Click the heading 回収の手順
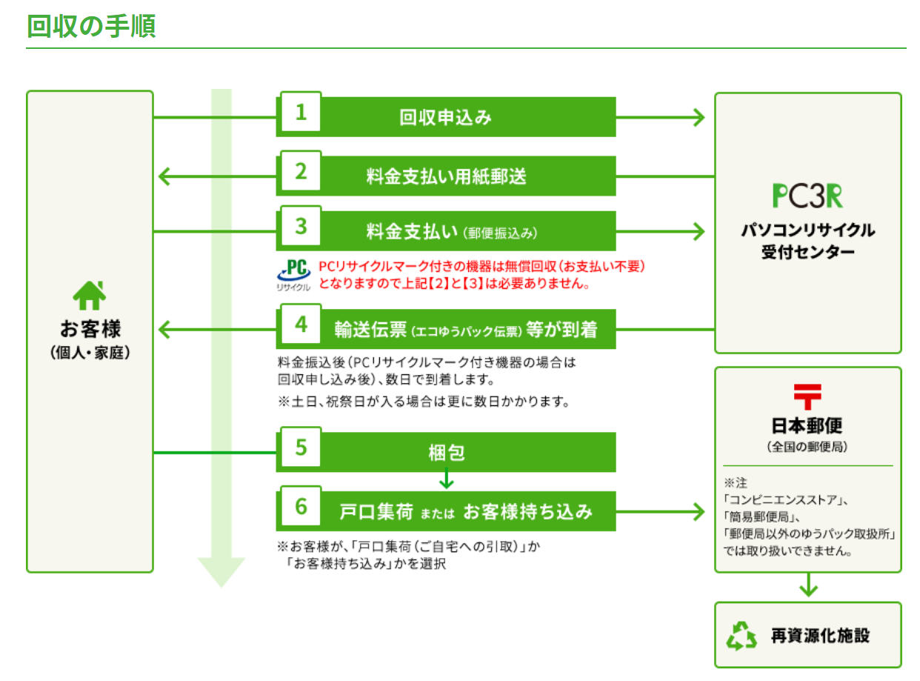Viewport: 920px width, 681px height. point(90,26)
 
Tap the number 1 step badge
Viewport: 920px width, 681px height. point(301,113)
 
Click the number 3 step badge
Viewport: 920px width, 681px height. point(301,226)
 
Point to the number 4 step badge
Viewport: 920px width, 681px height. point(301,325)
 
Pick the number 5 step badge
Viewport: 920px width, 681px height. point(301,448)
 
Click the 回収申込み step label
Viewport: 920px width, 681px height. point(445,117)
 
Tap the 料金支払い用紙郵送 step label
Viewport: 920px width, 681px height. point(446,176)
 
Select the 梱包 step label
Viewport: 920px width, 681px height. point(446,452)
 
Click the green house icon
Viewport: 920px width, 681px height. point(90,296)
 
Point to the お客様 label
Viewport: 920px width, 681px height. point(90,328)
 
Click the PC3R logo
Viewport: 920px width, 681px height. point(807,196)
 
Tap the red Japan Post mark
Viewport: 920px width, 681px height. point(807,396)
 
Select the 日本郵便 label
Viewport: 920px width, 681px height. point(807,426)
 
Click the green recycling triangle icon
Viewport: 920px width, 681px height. point(741,635)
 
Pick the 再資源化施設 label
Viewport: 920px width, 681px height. point(820,636)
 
